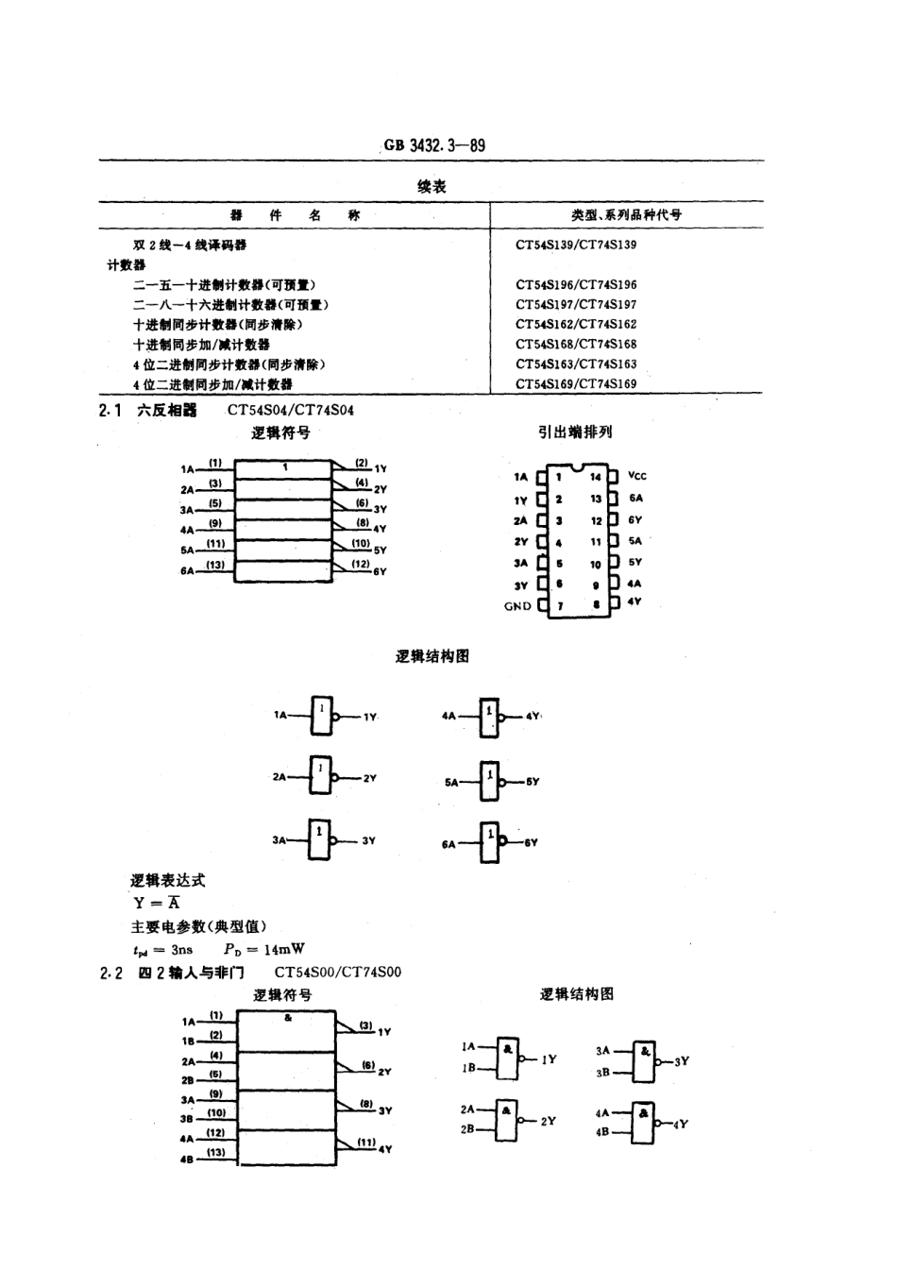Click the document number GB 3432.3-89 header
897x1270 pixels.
click(x=434, y=145)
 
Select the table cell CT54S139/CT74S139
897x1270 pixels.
click(x=576, y=245)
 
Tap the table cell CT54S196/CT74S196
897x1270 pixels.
click(x=576, y=284)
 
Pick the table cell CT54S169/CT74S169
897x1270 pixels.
click(x=576, y=383)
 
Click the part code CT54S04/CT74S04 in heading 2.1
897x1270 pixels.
click(x=291, y=410)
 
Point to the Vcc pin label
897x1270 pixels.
click(x=637, y=476)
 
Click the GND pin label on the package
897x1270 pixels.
click(x=517, y=606)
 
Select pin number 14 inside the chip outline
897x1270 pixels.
click(x=596, y=477)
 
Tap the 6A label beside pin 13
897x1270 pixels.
click(x=635, y=499)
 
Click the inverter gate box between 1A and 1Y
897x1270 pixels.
click(x=323, y=716)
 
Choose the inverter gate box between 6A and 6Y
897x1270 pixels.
click(x=489, y=842)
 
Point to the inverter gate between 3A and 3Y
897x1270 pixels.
click(x=321, y=839)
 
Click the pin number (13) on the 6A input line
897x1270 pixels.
click(x=216, y=565)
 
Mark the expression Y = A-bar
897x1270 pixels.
click(x=157, y=903)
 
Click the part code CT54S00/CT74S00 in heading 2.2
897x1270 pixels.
click(x=338, y=972)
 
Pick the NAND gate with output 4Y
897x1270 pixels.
click(x=644, y=1123)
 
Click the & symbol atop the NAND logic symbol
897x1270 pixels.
click(x=287, y=1018)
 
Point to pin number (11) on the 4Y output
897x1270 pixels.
click(x=365, y=1143)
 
